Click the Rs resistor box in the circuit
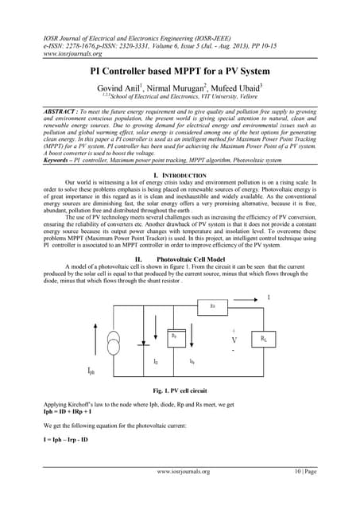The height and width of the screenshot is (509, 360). click(212, 304)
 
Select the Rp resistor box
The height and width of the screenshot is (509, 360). click(174, 336)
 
